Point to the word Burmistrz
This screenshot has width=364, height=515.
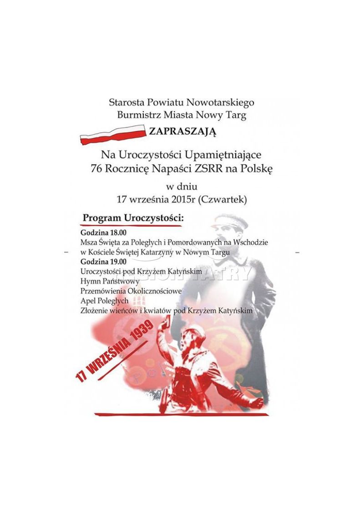pos(137,115)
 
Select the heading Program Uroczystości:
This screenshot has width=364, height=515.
pos(132,218)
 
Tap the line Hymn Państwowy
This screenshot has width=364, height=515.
pos(104,281)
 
